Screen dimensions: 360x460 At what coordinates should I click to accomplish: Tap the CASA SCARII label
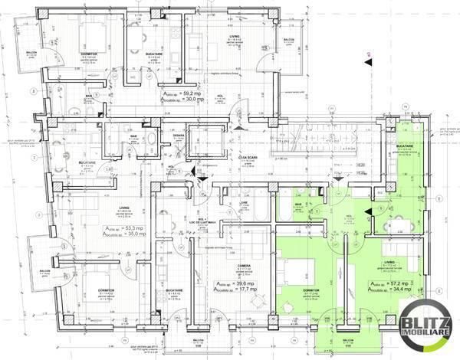246,155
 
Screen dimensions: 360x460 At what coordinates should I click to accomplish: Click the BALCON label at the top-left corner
30,54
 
